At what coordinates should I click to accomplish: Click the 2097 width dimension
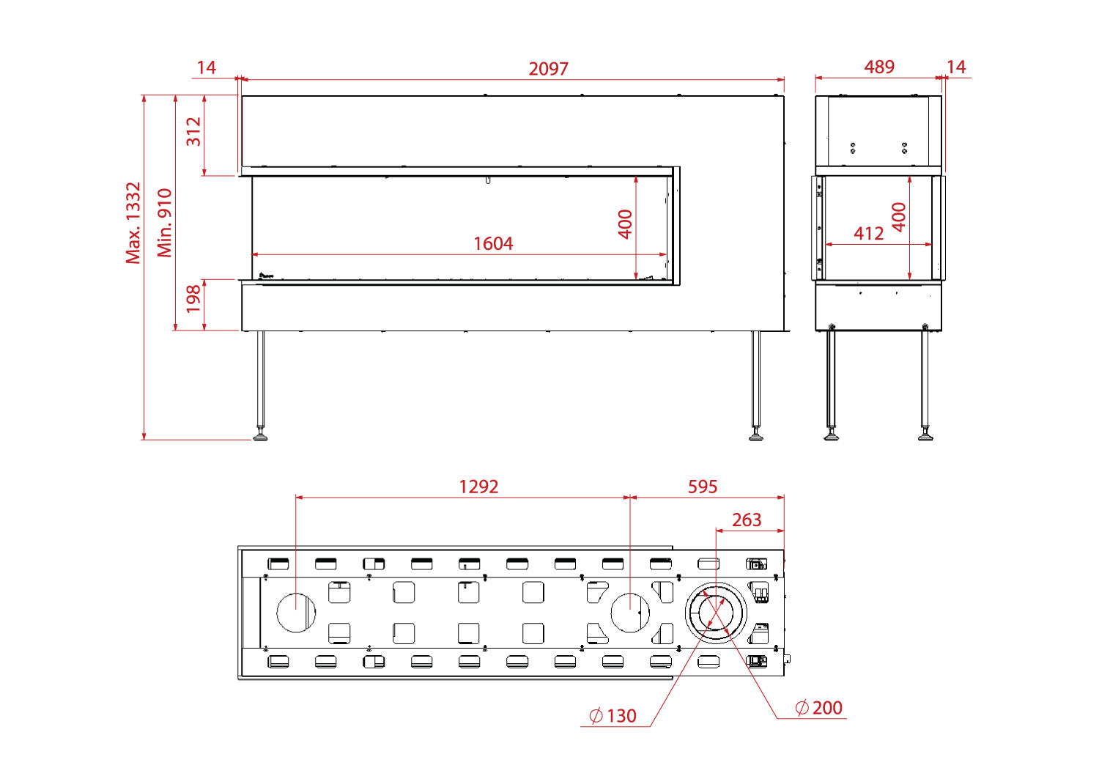click(548, 69)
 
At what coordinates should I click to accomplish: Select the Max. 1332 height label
click(133, 224)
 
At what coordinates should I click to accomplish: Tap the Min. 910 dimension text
click(165, 223)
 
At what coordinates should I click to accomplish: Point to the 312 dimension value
click(194, 131)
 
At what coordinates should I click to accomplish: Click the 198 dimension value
click(194, 299)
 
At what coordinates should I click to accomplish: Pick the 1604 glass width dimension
click(493, 243)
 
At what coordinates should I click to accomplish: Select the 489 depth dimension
click(879, 67)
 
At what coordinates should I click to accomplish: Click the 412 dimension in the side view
click(868, 233)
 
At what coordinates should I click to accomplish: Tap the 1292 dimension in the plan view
click(478, 487)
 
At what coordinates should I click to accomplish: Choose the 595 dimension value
click(703, 487)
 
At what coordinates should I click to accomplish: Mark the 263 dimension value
click(747, 520)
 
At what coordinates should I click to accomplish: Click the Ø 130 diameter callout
click(613, 716)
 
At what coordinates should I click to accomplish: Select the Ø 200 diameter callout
click(818, 708)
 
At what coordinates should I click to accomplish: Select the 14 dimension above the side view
click(956, 67)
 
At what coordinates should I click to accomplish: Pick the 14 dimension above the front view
click(207, 67)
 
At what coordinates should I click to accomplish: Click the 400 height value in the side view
click(899, 217)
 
